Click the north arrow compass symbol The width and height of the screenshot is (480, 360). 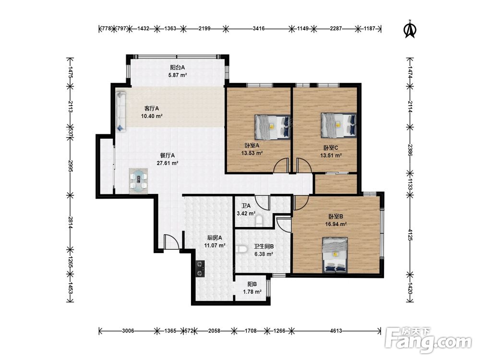pos(410,29)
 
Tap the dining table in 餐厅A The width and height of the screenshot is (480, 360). pos(139,181)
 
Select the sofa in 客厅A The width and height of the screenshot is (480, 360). pos(121,111)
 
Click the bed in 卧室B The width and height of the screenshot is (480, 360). pos(335,255)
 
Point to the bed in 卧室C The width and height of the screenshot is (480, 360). pos(338,125)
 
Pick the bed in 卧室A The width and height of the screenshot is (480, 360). pos(272,127)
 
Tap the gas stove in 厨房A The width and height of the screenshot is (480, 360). pos(200,268)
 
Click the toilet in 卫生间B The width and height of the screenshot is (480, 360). pos(241,249)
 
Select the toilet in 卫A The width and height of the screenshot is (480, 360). pos(259,221)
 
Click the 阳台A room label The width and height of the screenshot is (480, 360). pos(178,67)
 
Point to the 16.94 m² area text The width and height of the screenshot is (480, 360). pos(336,224)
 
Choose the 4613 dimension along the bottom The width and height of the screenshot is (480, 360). pos(336,331)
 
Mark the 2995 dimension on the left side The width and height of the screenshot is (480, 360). pos(71,166)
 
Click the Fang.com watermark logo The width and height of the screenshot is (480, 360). pos(429,341)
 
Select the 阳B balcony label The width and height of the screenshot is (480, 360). pos(252,284)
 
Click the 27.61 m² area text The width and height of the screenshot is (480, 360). pos(168,163)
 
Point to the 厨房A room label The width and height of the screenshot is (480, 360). pos(215,238)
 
